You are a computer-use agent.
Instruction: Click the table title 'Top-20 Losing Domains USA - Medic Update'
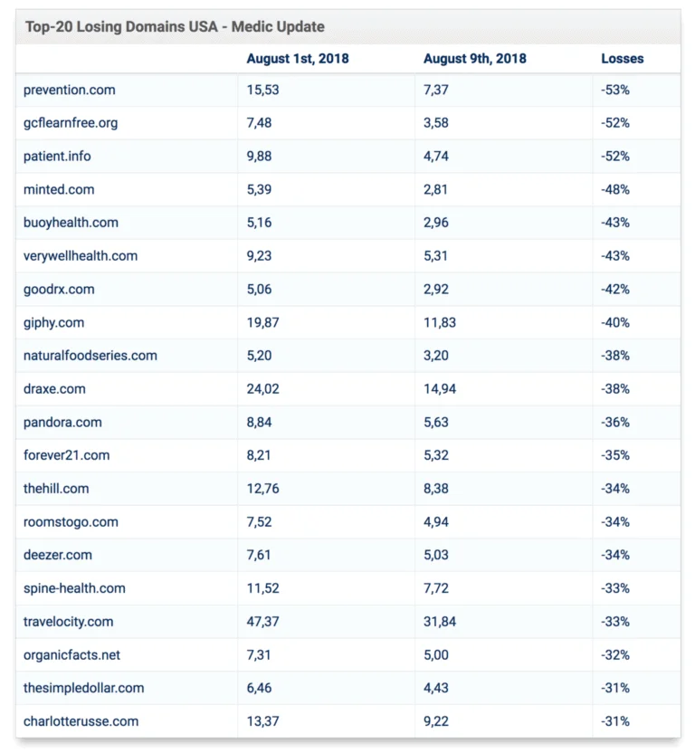pos(175,26)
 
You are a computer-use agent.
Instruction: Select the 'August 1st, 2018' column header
pos(297,59)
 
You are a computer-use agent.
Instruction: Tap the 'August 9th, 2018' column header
pos(474,59)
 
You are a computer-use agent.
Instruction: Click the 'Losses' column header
pos(622,59)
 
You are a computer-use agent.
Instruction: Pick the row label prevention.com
pos(70,90)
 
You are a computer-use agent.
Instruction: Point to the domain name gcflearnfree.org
pos(71,123)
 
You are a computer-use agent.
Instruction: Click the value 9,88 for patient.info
pos(261,156)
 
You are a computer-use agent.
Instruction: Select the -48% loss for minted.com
pos(614,189)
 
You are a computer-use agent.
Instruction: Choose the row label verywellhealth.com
pos(81,256)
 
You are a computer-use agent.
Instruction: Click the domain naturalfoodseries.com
pos(90,356)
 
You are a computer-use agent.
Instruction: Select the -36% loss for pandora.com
pos(614,422)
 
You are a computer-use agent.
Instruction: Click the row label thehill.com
pos(56,489)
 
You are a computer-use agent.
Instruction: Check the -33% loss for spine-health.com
pos(614,588)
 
